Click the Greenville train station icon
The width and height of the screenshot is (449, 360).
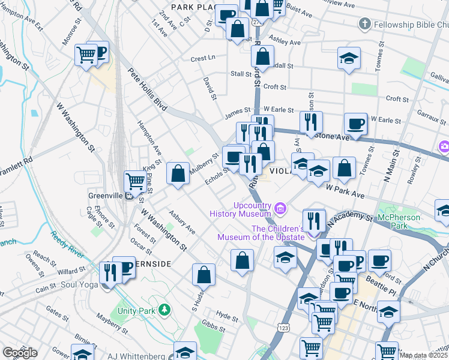[128, 196]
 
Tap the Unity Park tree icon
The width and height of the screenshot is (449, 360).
[164, 310]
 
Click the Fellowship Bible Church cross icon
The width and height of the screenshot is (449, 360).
[364, 25]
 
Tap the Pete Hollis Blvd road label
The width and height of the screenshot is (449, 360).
[146, 89]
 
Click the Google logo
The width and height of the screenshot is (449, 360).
[19, 353]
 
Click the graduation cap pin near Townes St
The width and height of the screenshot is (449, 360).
[349, 59]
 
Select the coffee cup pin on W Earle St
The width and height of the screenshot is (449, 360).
[355, 124]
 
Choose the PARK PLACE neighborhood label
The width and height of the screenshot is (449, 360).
[193, 7]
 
